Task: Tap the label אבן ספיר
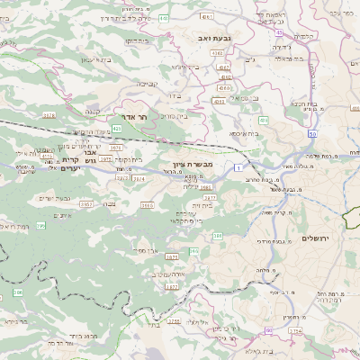tap(148, 249)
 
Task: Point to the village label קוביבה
tap(148, 83)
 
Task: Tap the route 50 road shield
tap(312, 133)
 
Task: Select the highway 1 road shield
tap(236, 168)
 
